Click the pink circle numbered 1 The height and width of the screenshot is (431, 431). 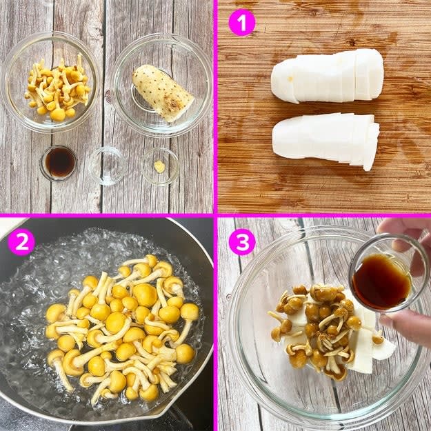[241, 22]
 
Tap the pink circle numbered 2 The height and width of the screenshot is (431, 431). [21, 242]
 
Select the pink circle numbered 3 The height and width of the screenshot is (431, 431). [242, 242]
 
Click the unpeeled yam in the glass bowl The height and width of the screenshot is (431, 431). [163, 92]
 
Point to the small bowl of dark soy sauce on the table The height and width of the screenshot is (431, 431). [59, 163]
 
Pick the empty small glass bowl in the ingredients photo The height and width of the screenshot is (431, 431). [107, 166]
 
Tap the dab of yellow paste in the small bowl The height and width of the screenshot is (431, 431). [159, 167]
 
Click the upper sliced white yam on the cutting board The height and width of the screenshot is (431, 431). [327, 76]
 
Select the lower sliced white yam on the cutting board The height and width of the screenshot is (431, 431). [325, 139]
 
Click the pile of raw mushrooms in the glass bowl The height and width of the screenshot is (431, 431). [58, 88]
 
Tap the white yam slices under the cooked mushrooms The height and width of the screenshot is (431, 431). [363, 346]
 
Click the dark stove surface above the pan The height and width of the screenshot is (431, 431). [190, 234]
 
